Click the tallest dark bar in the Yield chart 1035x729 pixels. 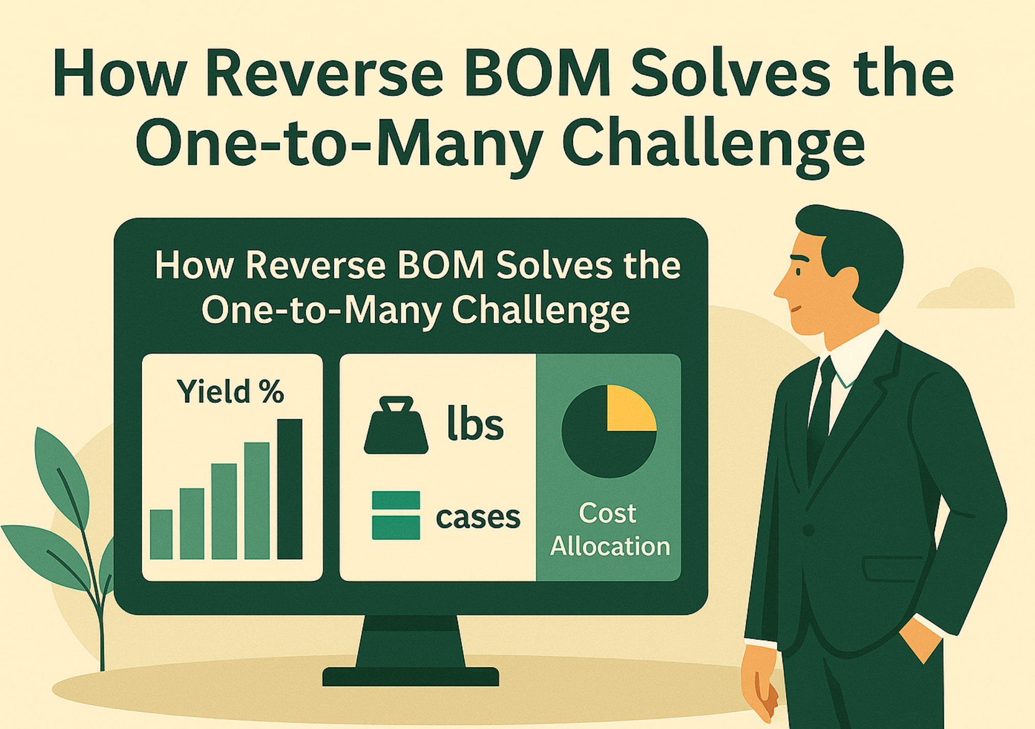(x=290, y=489)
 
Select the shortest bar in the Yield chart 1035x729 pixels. (x=161, y=534)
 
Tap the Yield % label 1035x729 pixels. (x=230, y=391)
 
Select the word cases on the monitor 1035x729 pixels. (x=478, y=517)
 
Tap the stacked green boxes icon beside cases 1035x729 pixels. (x=396, y=515)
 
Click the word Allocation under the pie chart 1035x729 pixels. (x=610, y=546)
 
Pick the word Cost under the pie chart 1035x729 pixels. (x=608, y=513)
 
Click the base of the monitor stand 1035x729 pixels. (x=410, y=676)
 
